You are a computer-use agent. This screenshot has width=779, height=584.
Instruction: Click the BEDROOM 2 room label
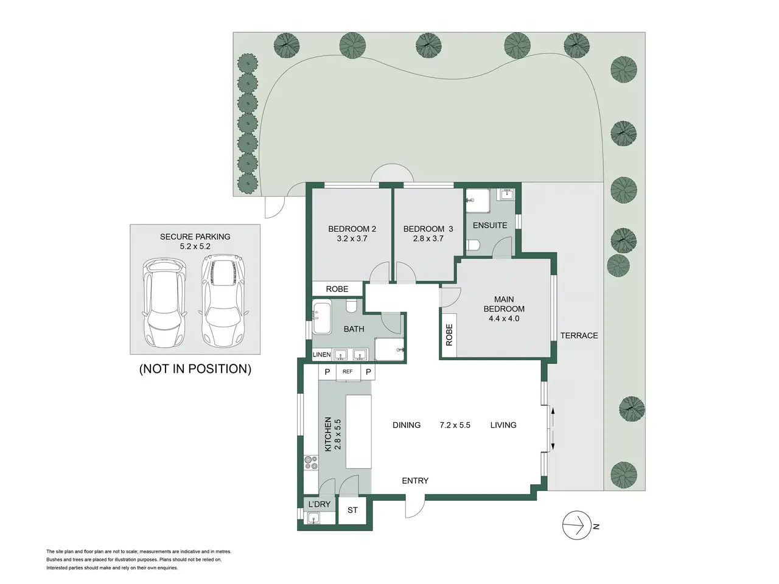352,229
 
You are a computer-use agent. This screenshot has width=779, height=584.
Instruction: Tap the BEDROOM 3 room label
428,229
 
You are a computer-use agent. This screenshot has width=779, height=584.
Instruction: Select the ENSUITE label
490,225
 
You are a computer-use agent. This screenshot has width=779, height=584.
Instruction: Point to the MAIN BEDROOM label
503,304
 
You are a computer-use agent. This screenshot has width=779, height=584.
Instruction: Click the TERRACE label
579,335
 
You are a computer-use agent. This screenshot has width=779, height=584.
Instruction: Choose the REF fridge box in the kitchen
348,372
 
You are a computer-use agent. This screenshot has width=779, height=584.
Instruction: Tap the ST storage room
352,510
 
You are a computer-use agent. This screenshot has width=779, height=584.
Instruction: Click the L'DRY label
319,504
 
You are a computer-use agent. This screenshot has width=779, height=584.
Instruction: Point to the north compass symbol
576,525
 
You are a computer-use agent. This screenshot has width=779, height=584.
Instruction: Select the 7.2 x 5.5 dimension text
455,425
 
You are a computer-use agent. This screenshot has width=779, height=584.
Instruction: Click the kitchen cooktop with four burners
311,462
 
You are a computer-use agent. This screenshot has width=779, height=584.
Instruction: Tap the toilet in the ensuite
473,245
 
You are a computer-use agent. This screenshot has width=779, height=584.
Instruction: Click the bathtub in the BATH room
321,317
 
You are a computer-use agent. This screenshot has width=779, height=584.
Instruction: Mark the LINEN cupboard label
321,354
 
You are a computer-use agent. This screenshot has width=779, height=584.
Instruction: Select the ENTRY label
415,481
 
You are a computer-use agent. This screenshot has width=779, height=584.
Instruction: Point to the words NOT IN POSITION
195,369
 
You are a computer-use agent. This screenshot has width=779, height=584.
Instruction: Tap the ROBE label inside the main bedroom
449,335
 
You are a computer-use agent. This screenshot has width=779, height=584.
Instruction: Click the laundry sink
313,518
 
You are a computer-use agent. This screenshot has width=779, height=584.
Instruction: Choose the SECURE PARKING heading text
195,237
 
